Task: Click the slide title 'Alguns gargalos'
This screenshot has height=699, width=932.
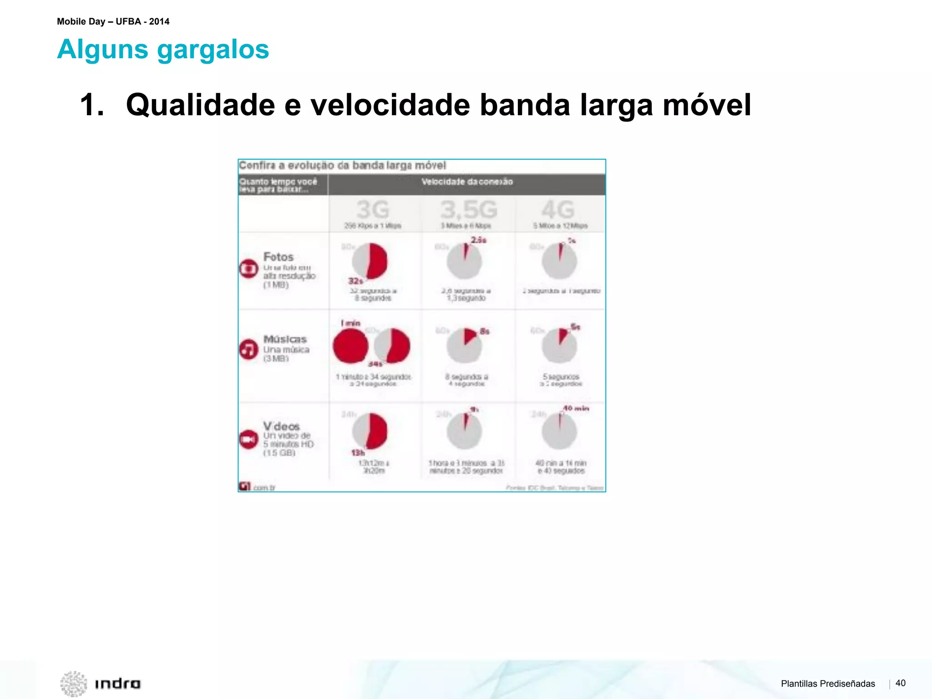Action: click(163, 49)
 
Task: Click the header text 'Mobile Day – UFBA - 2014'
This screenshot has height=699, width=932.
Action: click(113, 21)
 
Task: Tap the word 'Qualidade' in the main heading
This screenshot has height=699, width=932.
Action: click(200, 105)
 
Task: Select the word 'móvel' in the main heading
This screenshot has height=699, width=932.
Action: click(706, 105)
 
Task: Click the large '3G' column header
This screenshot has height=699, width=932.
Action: click(373, 210)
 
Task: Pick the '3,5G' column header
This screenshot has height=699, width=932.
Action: click(468, 210)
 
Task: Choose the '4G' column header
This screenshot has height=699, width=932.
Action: click(558, 210)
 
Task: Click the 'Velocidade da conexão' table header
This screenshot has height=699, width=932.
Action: click(467, 182)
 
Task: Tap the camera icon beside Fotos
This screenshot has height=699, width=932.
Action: click(248, 268)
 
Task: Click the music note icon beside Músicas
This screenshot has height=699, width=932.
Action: click(248, 349)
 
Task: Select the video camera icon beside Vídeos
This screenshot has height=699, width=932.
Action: click(248, 439)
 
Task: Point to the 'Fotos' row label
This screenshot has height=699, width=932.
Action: click(279, 257)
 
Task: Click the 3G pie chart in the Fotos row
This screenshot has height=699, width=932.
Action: click(370, 261)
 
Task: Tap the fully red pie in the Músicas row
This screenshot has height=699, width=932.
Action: click(350, 346)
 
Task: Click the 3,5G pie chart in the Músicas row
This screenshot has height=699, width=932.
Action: click(464, 345)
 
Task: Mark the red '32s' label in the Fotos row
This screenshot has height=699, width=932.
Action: click(355, 281)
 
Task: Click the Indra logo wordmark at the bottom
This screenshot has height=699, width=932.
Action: click(117, 684)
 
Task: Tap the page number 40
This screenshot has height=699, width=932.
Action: click(900, 683)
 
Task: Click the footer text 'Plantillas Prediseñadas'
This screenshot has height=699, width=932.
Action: click(828, 684)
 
